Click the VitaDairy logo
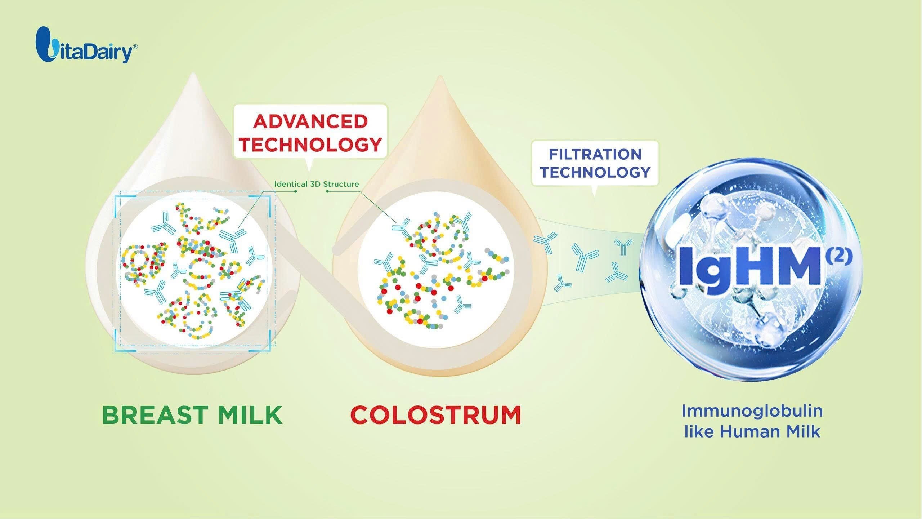coord(86,45)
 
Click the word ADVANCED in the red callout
coord(310,121)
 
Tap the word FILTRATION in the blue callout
coord(595,154)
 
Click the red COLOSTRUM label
coord(436,416)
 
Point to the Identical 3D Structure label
coord(317,184)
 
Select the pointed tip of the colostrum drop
coord(439,77)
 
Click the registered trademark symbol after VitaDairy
coord(135,47)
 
